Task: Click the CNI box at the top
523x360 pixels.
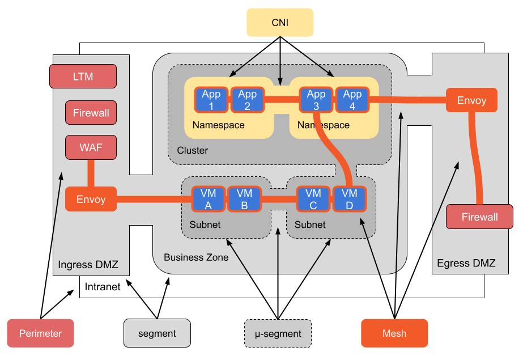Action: (x=279, y=23)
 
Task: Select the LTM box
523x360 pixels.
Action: (x=83, y=76)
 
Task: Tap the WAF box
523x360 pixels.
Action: (x=91, y=147)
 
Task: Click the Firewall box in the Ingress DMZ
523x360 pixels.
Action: (x=91, y=113)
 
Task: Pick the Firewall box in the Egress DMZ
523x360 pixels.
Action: (x=479, y=217)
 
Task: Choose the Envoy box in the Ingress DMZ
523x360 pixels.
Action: (x=91, y=199)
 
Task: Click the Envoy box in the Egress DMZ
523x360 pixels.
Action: (x=471, y=100)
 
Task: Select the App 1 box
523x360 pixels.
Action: (x=211, y=100)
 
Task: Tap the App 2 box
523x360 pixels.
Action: (x=248, y=100)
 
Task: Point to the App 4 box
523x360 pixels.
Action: (x=352, y=100)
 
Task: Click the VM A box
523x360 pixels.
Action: (x=209, y=198)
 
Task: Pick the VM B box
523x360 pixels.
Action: (x=244, y=198)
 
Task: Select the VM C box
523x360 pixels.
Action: (x=313, y=198)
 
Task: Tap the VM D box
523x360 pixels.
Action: (x=349, y=198)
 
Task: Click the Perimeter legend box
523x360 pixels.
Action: (x=41, y=333)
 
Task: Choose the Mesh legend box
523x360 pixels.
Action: (x=394, y=333)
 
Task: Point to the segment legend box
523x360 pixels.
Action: (x=157, y=333)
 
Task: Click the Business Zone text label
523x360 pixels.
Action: (x=196, y=257)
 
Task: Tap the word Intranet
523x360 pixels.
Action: (x=103, y=287)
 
